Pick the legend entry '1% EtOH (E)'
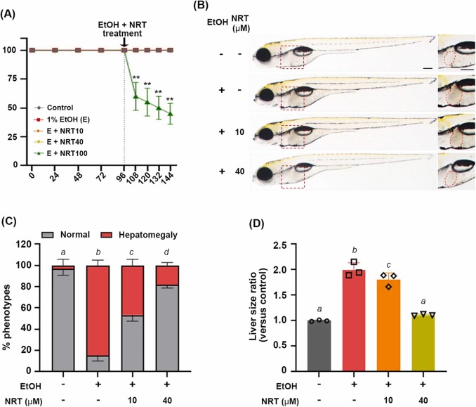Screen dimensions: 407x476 [62, 117]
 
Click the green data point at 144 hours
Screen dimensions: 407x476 [169, 113]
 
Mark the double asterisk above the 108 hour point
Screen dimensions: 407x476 [135, 78]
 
